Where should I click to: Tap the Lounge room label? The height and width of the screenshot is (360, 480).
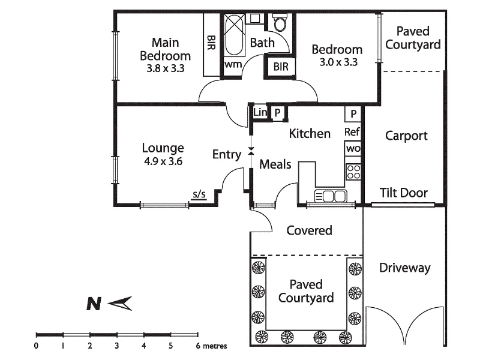coord(163,148)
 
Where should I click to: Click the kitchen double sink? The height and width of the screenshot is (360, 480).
coord(331,196)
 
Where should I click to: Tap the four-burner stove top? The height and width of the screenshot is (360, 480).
coord(353,172)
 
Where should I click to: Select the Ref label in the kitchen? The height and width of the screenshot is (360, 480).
coord(352,132)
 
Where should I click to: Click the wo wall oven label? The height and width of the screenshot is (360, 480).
coord(352,148)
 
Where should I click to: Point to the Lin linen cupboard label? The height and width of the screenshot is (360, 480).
coord(260,112)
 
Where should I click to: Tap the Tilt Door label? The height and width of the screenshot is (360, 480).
coord(404,193)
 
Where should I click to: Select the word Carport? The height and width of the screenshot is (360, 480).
coord(406,136)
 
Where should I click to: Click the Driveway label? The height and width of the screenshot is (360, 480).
coord(405,268)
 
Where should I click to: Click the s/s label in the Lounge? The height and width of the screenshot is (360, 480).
coord(199,194)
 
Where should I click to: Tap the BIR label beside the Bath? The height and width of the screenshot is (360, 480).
coord(281,67)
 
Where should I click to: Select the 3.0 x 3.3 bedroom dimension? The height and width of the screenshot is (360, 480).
coord(337,61)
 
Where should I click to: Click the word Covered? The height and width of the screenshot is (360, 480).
coord(310,230)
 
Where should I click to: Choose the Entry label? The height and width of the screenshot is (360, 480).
coord(227,155)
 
